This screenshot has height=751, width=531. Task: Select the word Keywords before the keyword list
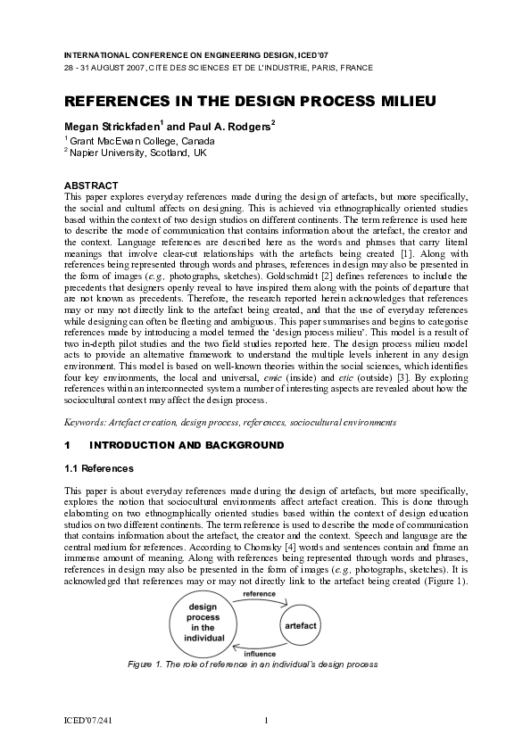point(87,421)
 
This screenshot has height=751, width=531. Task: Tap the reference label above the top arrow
point(259,593)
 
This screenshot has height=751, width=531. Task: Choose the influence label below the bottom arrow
point(261,654)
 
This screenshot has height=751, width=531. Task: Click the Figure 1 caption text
point(265,665)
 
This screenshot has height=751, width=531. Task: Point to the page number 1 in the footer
point(266,720)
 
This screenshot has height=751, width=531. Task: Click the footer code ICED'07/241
point(89,720)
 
